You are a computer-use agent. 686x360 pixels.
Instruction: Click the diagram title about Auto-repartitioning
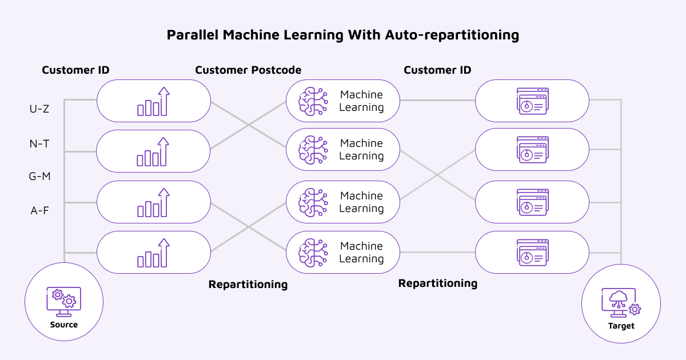tap(343, 35)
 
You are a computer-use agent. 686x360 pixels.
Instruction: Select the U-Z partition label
tap(39, 108)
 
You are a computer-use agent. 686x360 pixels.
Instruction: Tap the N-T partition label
tap(39, 144)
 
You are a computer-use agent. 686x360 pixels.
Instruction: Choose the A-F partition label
tap(39, 211)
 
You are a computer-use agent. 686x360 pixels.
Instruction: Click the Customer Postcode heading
tap(248, 70)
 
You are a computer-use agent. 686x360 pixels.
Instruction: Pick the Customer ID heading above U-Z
tap(75, 70)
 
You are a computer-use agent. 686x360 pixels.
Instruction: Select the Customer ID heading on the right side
tap(437, 70)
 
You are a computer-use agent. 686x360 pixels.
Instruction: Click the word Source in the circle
tap(64, 325)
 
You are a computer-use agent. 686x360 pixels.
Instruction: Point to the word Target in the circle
tap(621, 326)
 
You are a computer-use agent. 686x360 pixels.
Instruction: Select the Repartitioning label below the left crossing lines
tap(248, 284)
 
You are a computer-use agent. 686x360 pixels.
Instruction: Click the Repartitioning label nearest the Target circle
tap(437, 283)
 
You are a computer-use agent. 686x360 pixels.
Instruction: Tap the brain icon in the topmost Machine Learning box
tap(313, 101)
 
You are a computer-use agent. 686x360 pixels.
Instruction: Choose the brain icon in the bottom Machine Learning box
tap(313, 253)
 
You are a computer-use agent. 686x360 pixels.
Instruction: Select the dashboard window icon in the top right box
tap(532, 101)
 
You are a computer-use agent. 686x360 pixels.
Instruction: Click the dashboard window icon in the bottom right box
tap(532, 253)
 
